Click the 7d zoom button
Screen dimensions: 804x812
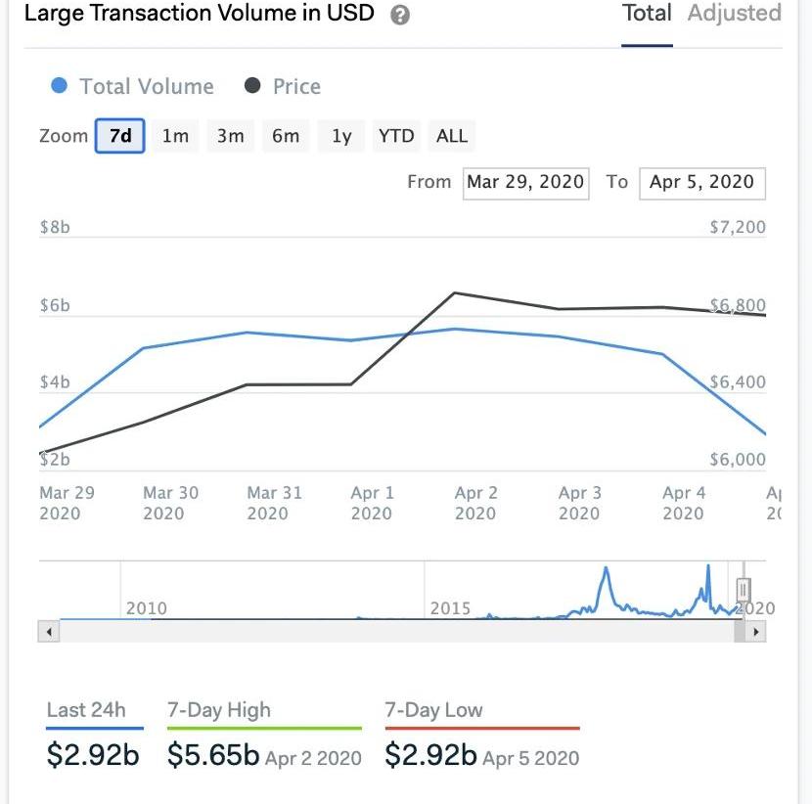(120, 136)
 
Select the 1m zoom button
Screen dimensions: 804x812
(175, 136)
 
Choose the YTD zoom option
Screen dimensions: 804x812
(395, 136)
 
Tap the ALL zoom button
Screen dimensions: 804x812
(451, 136)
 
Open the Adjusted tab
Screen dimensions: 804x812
(734, 14)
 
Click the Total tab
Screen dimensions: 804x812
(647, 14)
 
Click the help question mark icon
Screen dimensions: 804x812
(399, 16)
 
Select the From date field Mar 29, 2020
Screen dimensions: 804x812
(525, 182)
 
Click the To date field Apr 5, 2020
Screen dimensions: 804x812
(701, 182)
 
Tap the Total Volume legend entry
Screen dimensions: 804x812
(132, 86)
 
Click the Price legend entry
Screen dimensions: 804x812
(283, 86)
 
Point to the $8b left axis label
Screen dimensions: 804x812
(55, 227)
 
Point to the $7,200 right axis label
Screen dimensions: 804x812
(738, 227)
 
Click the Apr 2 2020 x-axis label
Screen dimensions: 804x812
(475, 503)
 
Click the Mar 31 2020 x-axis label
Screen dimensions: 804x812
(268, 503)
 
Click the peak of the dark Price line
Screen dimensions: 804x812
(455, 292)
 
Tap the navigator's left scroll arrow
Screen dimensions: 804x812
(47, 632)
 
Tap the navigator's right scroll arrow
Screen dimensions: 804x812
(755, 632)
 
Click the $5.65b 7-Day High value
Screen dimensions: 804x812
(213, 755)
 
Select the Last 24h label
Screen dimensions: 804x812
(86, 710)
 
